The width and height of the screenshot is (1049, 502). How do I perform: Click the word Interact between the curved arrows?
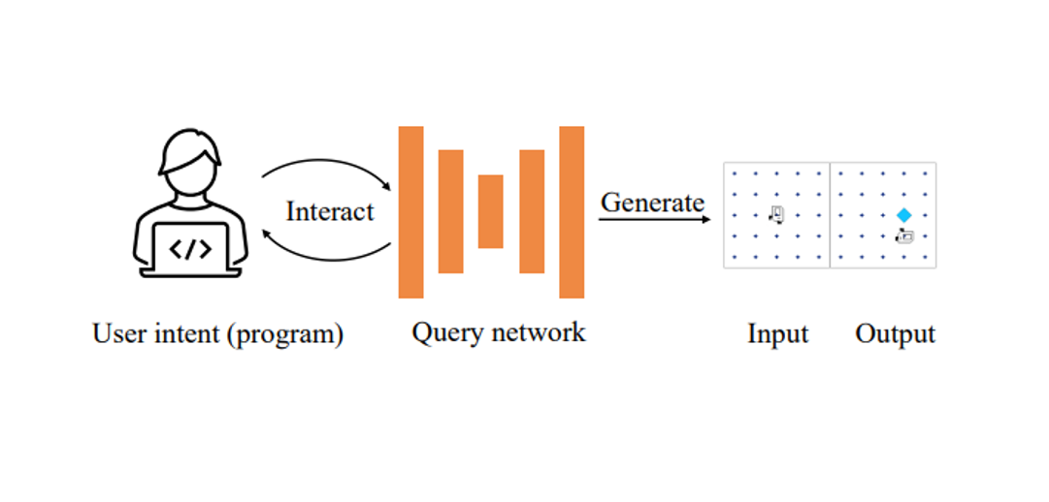coord(330,211)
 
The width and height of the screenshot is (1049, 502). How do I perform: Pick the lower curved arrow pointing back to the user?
coord(325,258)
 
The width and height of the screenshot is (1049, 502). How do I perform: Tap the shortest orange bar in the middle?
coord(490,211)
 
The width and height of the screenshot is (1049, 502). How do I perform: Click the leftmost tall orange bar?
coord(410,211)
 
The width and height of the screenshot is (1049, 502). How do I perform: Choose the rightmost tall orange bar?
coord(572,211)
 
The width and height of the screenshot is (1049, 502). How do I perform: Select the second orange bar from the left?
coord(450,211)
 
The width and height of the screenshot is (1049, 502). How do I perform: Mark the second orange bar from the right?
coord(532,211)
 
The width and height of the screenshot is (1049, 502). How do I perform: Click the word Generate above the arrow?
coord(652,203)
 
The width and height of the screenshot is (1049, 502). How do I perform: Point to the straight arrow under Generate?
coord(653,220)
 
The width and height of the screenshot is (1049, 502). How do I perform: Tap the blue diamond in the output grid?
coord(904,215)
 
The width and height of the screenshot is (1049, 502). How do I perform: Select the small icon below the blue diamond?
coord(904,235)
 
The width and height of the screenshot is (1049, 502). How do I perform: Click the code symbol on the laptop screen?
coord(190,249)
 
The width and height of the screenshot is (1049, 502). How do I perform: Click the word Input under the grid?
coord(777,334)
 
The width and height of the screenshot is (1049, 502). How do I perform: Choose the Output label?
coord(895,334)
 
